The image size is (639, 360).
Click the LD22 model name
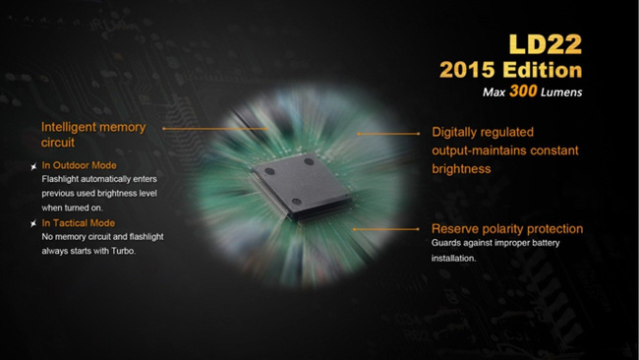[x=546, y=44]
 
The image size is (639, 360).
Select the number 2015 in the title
[x=467, y=70]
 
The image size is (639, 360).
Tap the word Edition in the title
[x=543, y=70]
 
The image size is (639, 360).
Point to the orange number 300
[x=523, y=90]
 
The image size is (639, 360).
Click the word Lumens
[x=561, y=92]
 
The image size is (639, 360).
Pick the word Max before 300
[x=494, y=92]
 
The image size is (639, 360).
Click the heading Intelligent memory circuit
[x=93, y=135]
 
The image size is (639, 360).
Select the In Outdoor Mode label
[x=79, y=165]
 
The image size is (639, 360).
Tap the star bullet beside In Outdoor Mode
[x=33, y=166]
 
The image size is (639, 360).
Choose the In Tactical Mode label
[x=79, y=223]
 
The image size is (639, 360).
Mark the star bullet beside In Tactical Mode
[x=33, y=223]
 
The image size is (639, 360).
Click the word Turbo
[x=124, y=251]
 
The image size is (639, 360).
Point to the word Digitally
[x=455, y=132]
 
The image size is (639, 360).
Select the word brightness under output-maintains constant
[x=461, y=169]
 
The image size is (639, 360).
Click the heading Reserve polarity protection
[x=507, y=229]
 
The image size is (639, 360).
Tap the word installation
[x=453, y=258]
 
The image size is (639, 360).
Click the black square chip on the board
[x=301, y=186]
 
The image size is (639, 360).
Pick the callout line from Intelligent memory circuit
[x=215, y=129]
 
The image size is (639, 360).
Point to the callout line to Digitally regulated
[x=388, y=134]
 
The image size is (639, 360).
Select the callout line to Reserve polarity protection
[x=386, y=229]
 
